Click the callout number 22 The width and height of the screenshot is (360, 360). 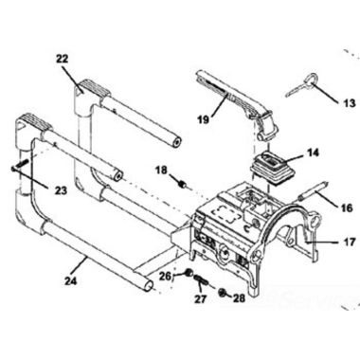click(63, 59)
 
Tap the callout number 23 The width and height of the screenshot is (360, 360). click(61, 189)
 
